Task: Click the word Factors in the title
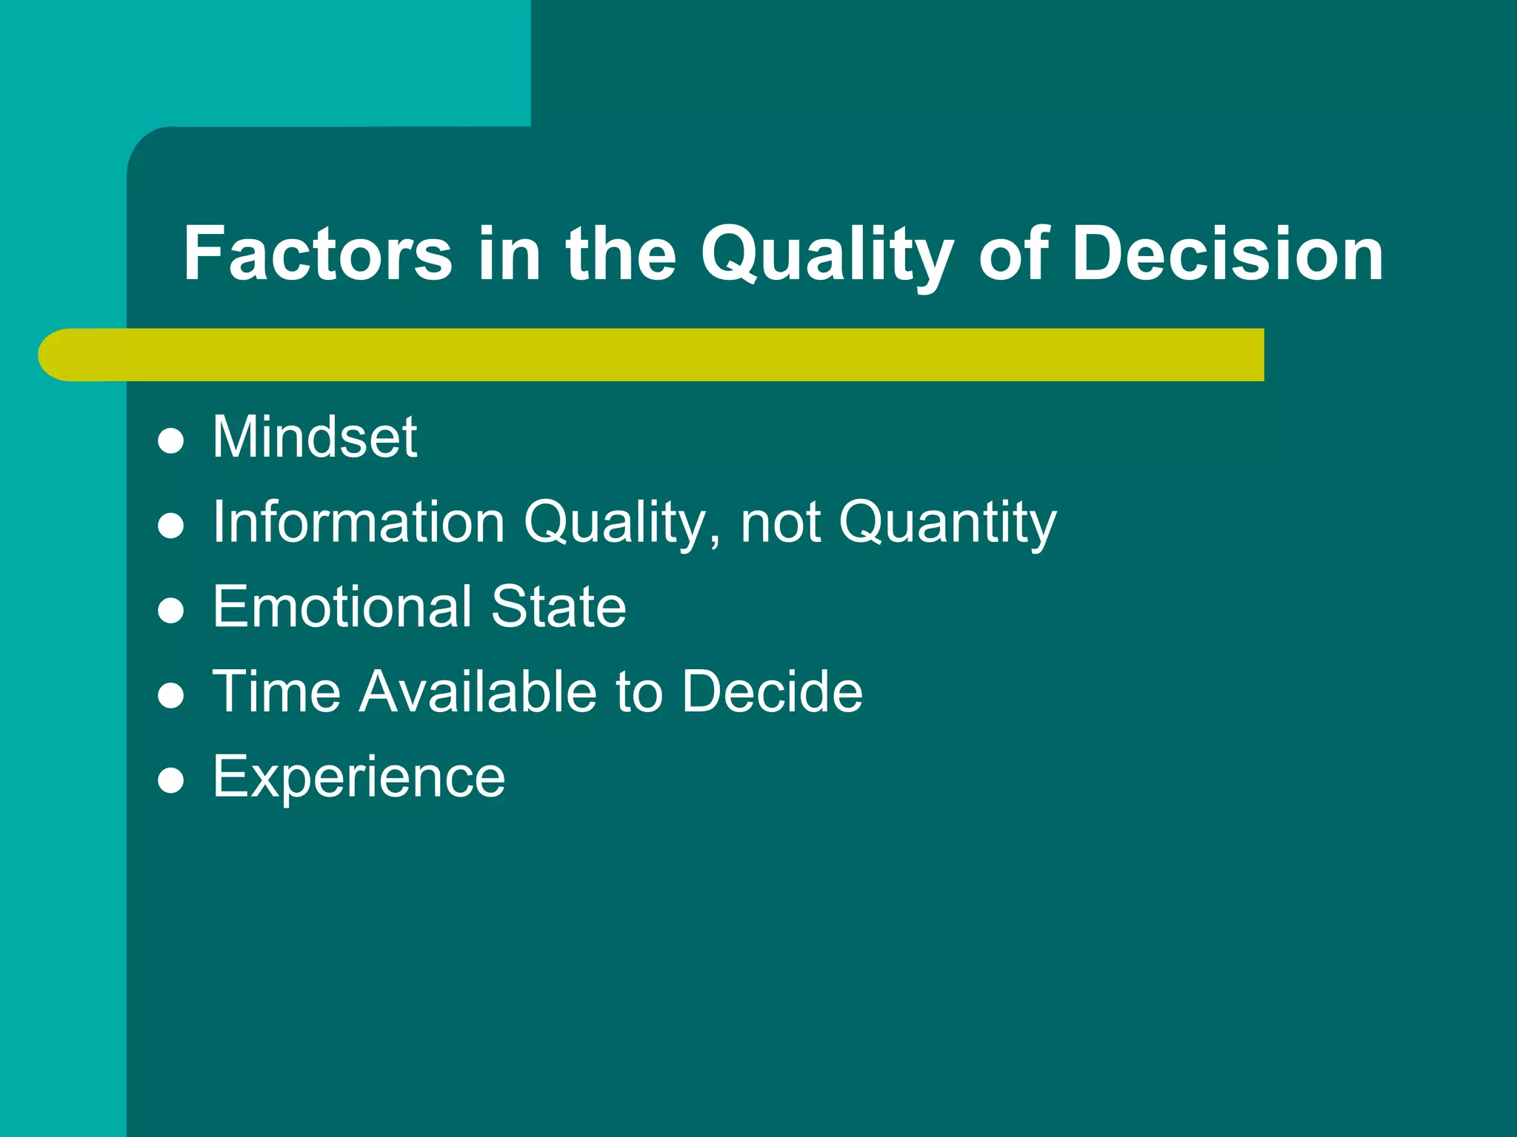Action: pyautogui.click(x=317, y=254)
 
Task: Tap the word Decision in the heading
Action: pyautogui.click(x=1227, y=254)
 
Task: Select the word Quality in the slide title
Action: pyautogui.click(x=827, y=254)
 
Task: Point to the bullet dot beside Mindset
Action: pyautogui.click(x=171, y=441)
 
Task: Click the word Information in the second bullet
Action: pyautogui.click(x=359, y=522)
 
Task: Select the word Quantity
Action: pyautogui.click(x=947, y=523)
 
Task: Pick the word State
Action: pyautogui.click(x=559, y=607)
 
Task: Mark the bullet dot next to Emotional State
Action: pyautogui.click(x=171, y=611)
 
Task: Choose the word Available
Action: pyautogui.click(x=478, y=692)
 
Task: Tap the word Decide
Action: pyautogui.click(x=772, y=692)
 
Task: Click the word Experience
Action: pyautogui.click(x=359, y=777)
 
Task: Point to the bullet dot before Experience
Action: pyautogui.click(x=171, y=781)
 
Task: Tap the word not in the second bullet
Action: pyautogui.click(x=780, y=523)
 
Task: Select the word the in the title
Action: pyautogui.click(x=621, y=254)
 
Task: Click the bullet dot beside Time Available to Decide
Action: pyautogui.click(x=171, y=696)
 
